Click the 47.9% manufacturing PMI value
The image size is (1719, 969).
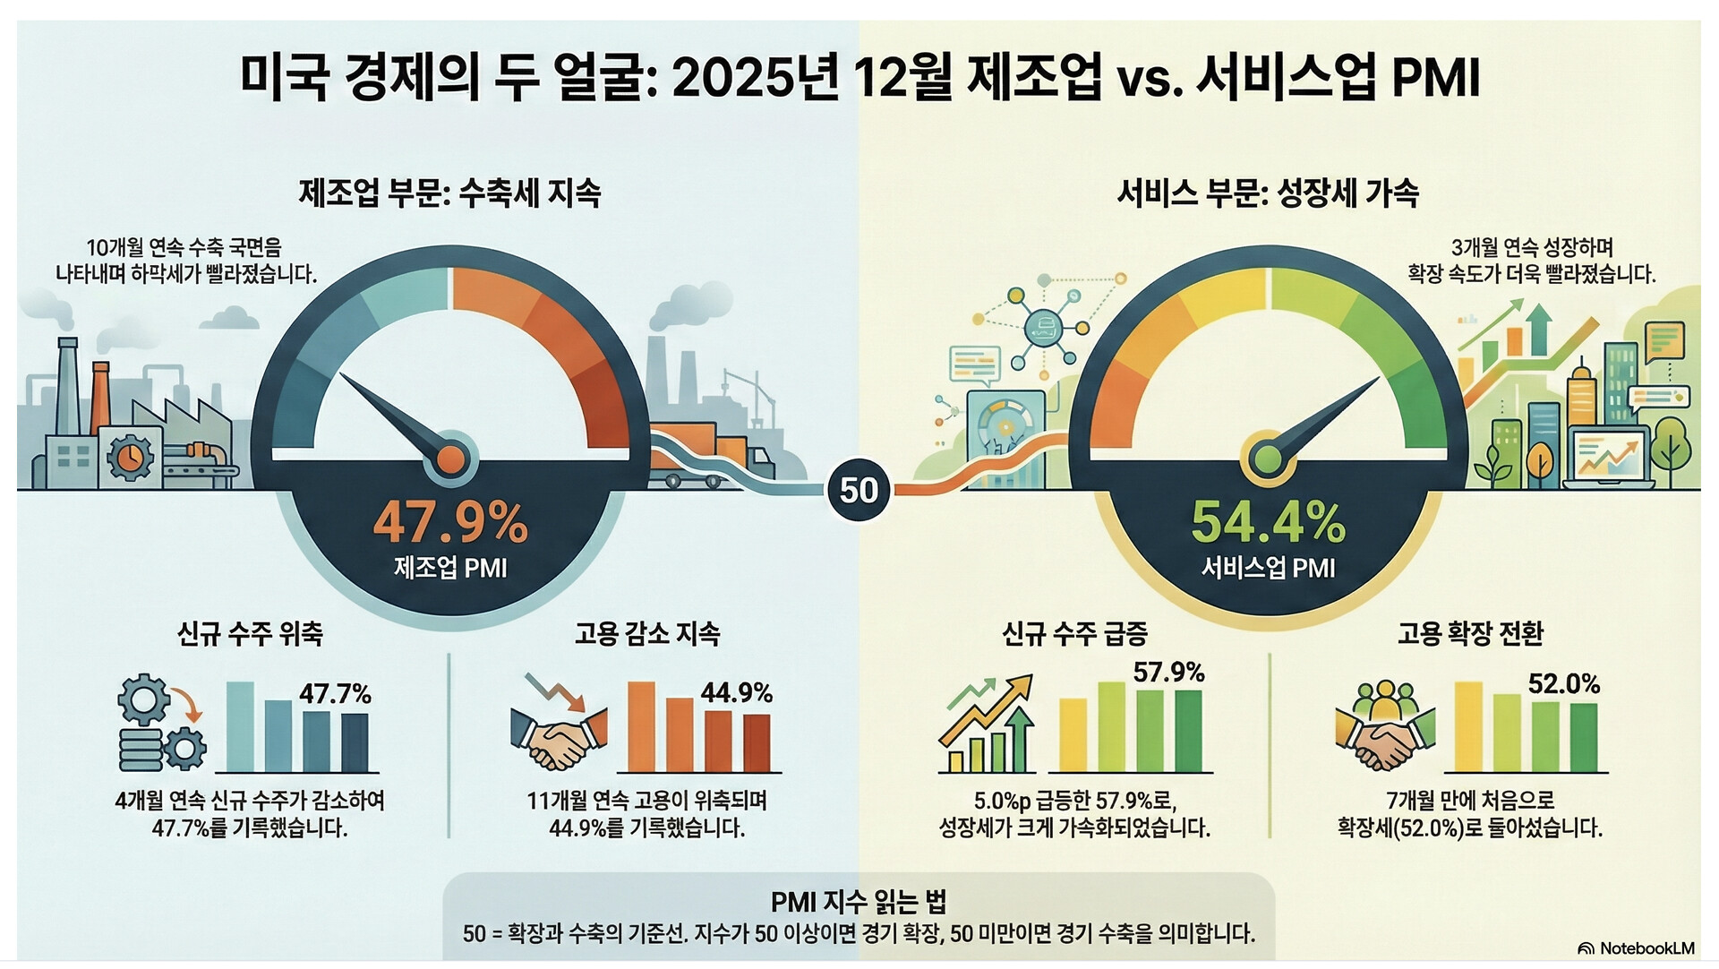tap(450, 522)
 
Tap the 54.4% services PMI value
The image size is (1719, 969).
tap(1268, 522)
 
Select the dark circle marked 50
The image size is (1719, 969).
tap(859, 490)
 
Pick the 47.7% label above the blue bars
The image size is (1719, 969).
tap(335, 694)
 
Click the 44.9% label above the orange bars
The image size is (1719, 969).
tap(736, 692)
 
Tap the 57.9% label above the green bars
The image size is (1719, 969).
tap(1168, 673)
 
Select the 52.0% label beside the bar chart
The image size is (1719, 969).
tap(1563, 684)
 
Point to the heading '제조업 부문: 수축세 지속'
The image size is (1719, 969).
tap(449, 193)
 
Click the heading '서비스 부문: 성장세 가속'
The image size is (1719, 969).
tap(1268, 193)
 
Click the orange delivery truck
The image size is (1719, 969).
tap(717, 457)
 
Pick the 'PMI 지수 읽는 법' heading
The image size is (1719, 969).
tap(858, 901)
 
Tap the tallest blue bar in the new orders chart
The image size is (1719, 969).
tap(240, 726)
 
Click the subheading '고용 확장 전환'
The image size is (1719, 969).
tap(1470, 634)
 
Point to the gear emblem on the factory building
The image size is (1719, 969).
tap(130, 457)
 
